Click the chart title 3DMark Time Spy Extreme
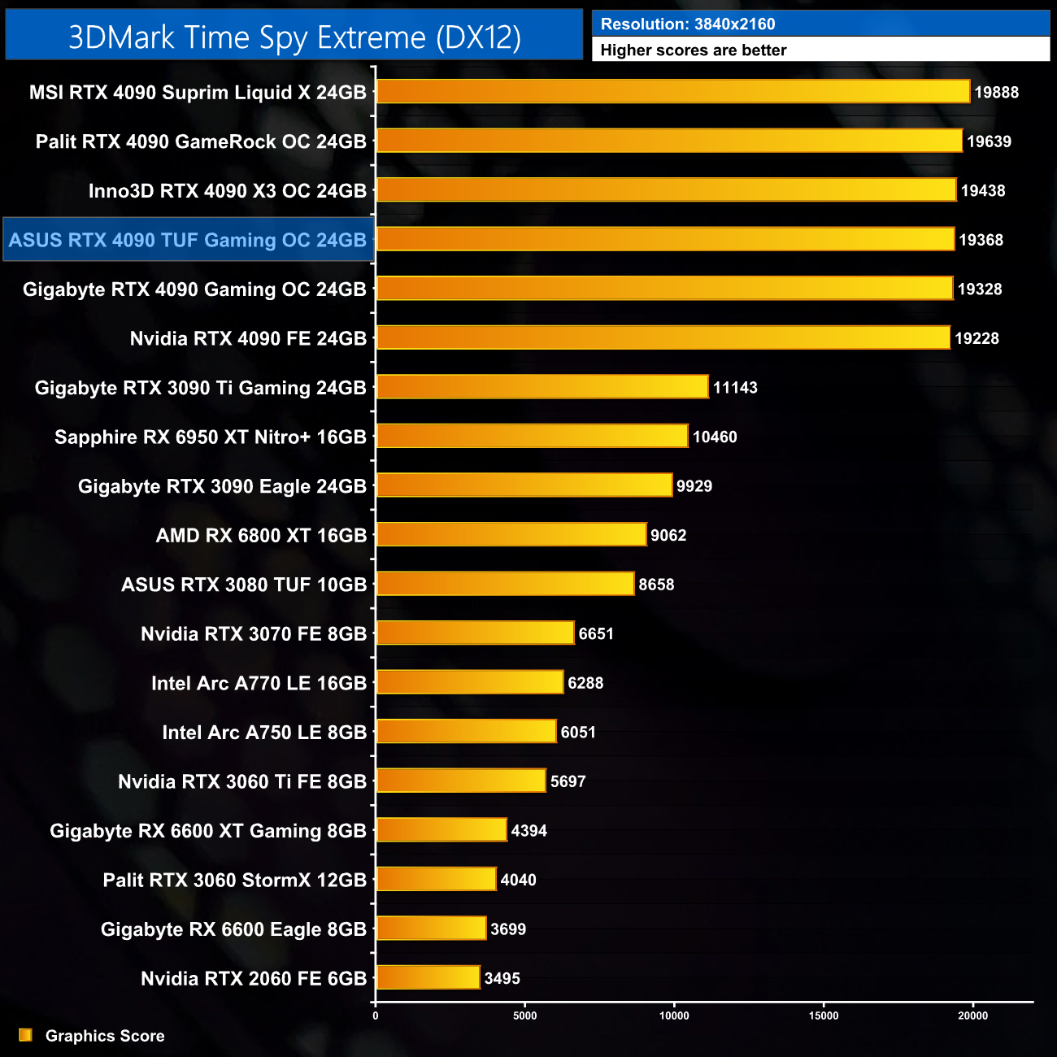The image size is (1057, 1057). tap(294, 37)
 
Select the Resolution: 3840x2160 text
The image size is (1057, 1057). tap(688, 24)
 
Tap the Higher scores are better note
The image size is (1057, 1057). tap(694, 50)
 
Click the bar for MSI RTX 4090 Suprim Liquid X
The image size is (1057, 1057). tap(673, 92)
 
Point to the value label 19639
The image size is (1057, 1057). tap(989, 141)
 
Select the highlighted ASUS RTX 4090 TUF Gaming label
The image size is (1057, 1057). tap(188, 240)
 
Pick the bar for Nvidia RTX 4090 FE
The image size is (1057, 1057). tap(663, 337)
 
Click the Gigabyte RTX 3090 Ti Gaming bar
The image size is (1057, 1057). tap(542, 387)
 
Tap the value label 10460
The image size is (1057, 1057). tap(715, 437)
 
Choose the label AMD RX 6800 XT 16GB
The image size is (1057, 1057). tap(261, 535)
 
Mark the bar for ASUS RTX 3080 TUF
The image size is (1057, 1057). tap(505, 584)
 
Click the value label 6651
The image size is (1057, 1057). tap(596, 633)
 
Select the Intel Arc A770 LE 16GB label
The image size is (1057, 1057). tap(259, 683)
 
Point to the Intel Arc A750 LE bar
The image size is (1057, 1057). tap(467, 732)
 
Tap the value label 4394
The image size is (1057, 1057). tap(528, 830)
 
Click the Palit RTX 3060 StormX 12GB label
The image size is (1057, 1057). tap(234, 880)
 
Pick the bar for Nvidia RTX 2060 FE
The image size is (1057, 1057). tap(428, 977)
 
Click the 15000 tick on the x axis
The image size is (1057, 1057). tap(824, 1015)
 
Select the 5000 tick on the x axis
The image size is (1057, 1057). tap(525, 1015)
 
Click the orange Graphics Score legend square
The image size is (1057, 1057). tap(26, 1035)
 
